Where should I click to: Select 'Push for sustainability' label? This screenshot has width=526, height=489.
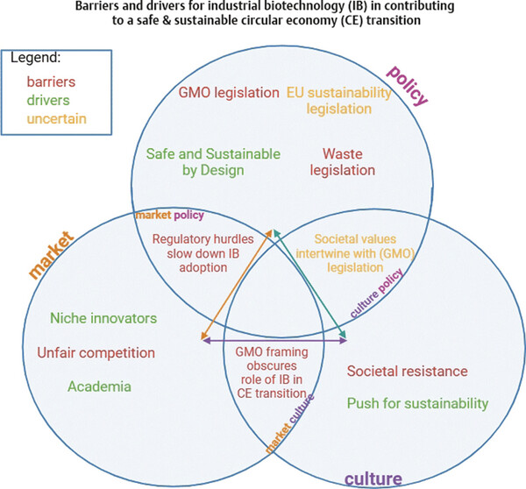416,404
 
